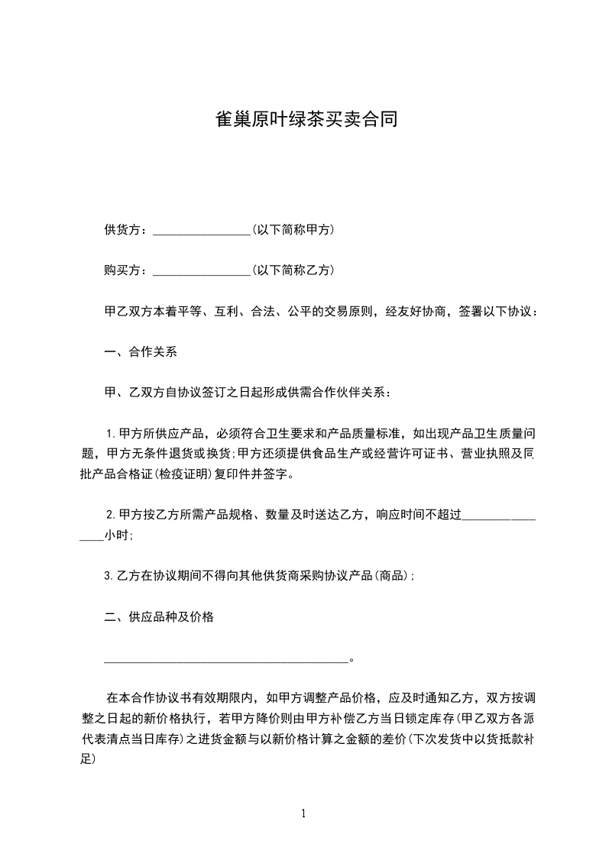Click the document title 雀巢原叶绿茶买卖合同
pos(303,120)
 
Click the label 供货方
pos(121,230)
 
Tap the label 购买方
pos(121,270)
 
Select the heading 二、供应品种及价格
pos(159,617)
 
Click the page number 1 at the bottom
pos(303,813)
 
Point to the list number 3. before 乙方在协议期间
pos(108,576)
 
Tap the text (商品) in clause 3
pos(394,576)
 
